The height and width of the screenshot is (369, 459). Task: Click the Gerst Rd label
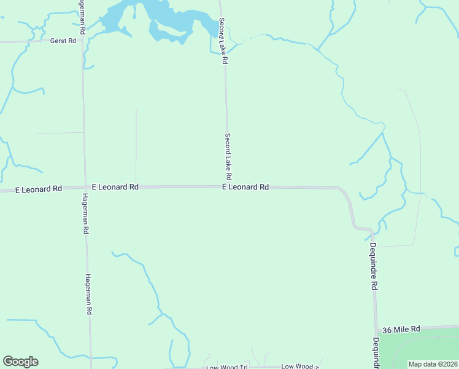click(x=63, y=41)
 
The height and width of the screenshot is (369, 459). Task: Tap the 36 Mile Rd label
click(x=400, y=330)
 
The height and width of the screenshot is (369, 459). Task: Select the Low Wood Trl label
click(x=226, y=367)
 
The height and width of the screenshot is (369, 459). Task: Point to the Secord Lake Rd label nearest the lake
click(x=223, y=41)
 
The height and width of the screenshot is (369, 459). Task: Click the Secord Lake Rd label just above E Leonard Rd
click(x=228, y=157)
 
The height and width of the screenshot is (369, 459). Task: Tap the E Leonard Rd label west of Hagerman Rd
click(x=39, y=189)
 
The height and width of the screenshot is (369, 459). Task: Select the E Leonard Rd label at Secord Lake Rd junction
click(x=245, y=186)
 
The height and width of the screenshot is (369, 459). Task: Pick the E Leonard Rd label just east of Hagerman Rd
click(x=115, y=186)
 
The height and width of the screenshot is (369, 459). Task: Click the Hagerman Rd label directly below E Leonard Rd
click(x=86, y=213)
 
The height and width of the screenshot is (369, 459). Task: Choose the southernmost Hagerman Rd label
click(x=88, y=295)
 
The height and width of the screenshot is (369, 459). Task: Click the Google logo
click(x=20, y=362)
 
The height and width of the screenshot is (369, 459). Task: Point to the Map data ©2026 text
click(x=433, y=364)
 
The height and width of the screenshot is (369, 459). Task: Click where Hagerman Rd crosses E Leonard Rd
click(x=85, y=187)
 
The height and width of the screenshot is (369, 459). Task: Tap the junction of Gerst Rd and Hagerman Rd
click(x=83, y=41)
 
